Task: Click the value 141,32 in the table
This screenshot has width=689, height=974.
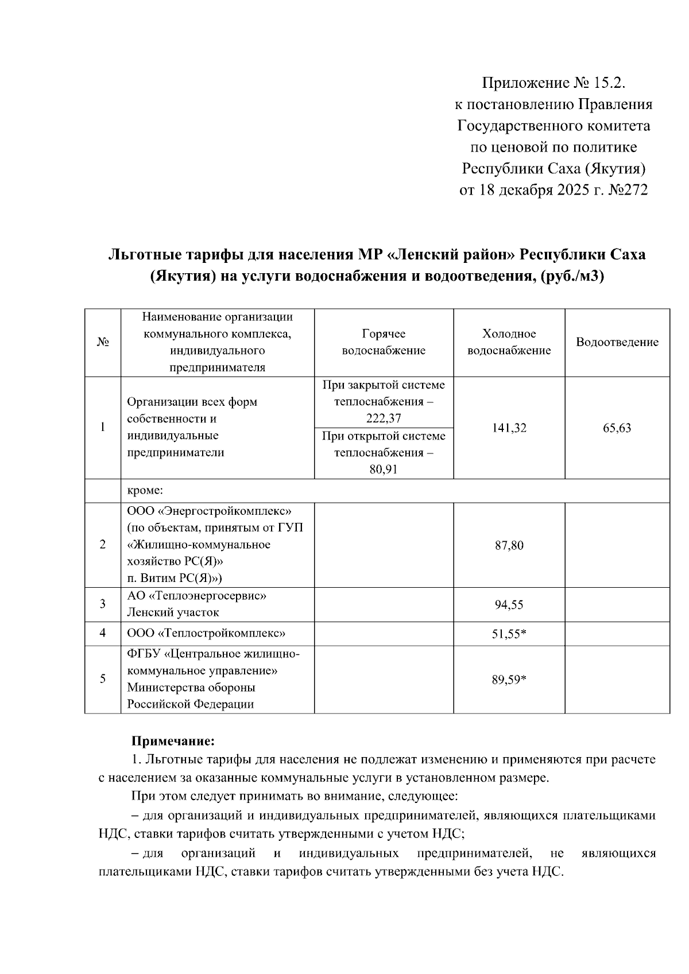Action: click(x=509, y=428)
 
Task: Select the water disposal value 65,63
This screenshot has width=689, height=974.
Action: click(x=617, y=428)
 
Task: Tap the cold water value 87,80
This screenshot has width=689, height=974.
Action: click(x=509, y=545)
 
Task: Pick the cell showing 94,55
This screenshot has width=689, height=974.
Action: click(x=509, y=604)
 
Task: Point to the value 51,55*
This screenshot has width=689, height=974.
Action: click(x=509, y=634)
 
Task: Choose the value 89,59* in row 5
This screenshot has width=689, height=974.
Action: click(x=509, y=680)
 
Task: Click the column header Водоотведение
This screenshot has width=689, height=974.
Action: click(x=617, y=343)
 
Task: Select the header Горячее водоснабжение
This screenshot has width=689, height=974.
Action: click(x=384, y=343)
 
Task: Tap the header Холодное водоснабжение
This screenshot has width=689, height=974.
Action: click(x=509, y=343)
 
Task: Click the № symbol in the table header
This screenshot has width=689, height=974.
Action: click(x=103, y=343)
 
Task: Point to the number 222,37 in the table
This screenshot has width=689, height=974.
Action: click(x=384, y=418)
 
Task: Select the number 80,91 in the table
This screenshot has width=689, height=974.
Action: click(x=384, y=469)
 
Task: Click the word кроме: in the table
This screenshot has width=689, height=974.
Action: click(x=145, y=491)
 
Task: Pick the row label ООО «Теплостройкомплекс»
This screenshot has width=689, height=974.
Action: click(x=207, y=634)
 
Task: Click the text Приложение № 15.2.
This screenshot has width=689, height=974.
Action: click(x=552, y=83)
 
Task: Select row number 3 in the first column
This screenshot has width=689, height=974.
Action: click(x=103, y=604)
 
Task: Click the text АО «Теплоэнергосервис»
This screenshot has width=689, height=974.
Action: click(x=196, y=596)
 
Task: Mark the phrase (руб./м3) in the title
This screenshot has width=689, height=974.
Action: click(x=573, y=277)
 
